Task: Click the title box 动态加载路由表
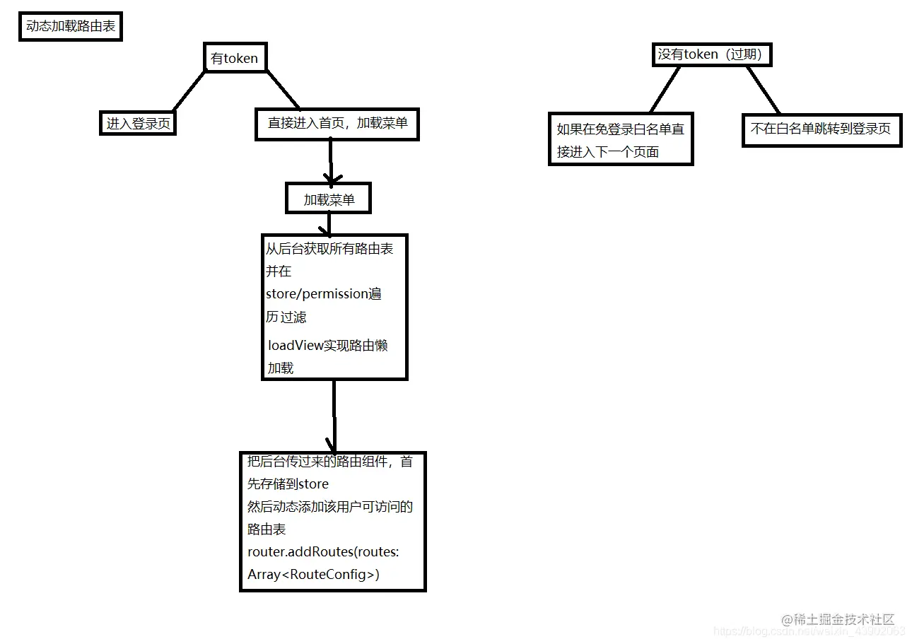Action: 70,28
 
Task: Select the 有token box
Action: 235,58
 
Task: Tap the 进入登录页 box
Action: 138,123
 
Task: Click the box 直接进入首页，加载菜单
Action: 337,123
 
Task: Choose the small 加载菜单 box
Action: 328,199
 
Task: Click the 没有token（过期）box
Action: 710,54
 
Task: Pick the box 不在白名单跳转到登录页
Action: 821,130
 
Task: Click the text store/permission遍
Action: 323,294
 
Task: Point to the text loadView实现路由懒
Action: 327,346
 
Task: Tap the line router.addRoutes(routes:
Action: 323,552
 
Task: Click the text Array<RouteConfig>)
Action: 313,575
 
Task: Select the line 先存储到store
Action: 288,484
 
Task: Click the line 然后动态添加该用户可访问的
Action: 330,507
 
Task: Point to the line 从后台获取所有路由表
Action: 329,248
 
